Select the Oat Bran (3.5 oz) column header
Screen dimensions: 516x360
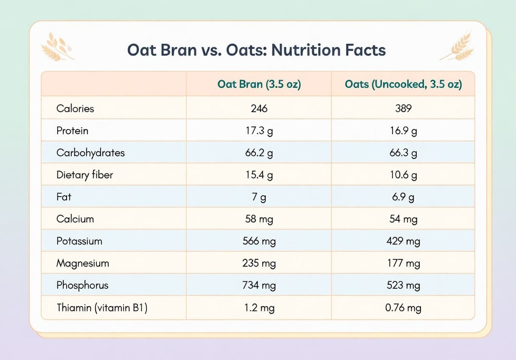(259, 84)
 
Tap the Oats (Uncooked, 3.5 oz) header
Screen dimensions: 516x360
(403, 84)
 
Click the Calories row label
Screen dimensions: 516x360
(75, 108)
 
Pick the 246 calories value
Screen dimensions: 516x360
(259, 108)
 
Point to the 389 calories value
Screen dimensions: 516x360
(403, 108)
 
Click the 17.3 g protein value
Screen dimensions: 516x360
(259, 131)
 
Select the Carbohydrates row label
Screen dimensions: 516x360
(91, 153)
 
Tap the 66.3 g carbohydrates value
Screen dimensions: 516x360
(403, 153)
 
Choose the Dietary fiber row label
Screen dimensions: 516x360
(85, 175)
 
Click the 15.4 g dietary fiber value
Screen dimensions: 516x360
(259, 175)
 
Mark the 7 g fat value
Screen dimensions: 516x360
(259, 197)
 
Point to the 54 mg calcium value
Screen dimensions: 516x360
(403, 219)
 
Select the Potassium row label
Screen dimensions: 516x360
(79, 241)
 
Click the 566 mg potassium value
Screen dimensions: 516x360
(259, 241)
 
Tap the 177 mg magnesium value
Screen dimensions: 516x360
(403, 263)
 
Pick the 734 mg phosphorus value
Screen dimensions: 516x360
(259, 285)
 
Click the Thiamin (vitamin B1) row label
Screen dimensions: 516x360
(102, 308)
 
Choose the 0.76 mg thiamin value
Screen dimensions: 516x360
(403, 308)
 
